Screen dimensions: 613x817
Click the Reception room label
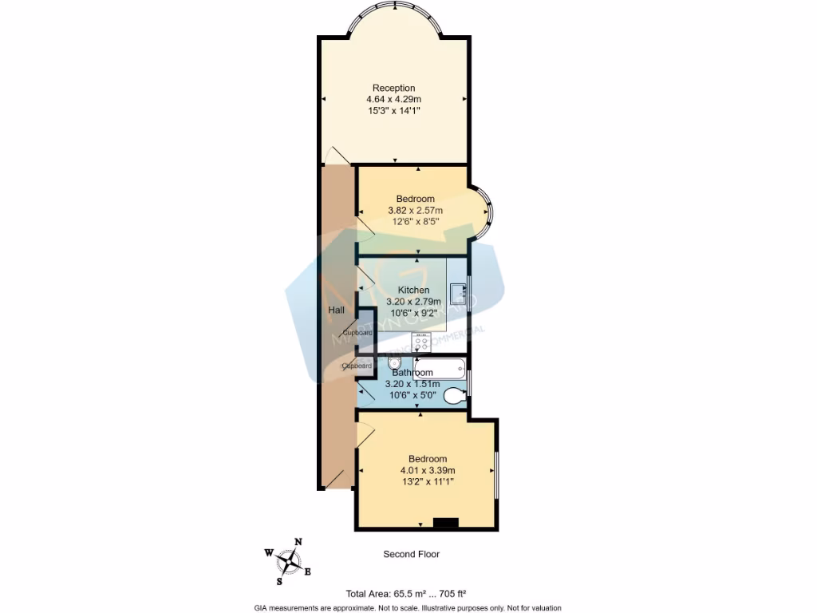pyautogui.click(x=393, y=88)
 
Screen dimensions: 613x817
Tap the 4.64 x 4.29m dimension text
pyautogui.click(x=393, y=99)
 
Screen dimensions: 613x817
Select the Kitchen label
pyautogui.click(x=413, y=290)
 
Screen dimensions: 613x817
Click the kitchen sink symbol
pyautogui.click(x=458, y=294)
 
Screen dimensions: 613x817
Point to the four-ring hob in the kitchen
pyautogui.click(x=422, y=344)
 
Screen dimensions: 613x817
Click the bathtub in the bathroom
pyautogui.click(x=433, y=369)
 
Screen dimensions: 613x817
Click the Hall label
pyautogui.click(x=336, y=310)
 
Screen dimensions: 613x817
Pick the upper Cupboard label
pyautogui.click(x=357, y=332)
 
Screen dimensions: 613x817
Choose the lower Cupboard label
pyautogui.click(x=357, y=366)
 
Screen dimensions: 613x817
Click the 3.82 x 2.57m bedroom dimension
pyautogui.click(x=415, y=210)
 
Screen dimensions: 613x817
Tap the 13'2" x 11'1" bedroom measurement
pyautogui.click(x=427, y=481)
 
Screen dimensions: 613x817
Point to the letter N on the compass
pyautogui.click(x=298, y=541)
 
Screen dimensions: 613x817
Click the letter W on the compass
pyautogui.click(x=269, y=552)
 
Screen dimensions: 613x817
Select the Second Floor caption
pyautogui.click(x=411, y=554)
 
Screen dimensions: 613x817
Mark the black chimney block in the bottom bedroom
pyautogui.click(x=445, y=523)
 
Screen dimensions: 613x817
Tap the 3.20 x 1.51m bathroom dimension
pyautogui.click(x=412, y=384)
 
